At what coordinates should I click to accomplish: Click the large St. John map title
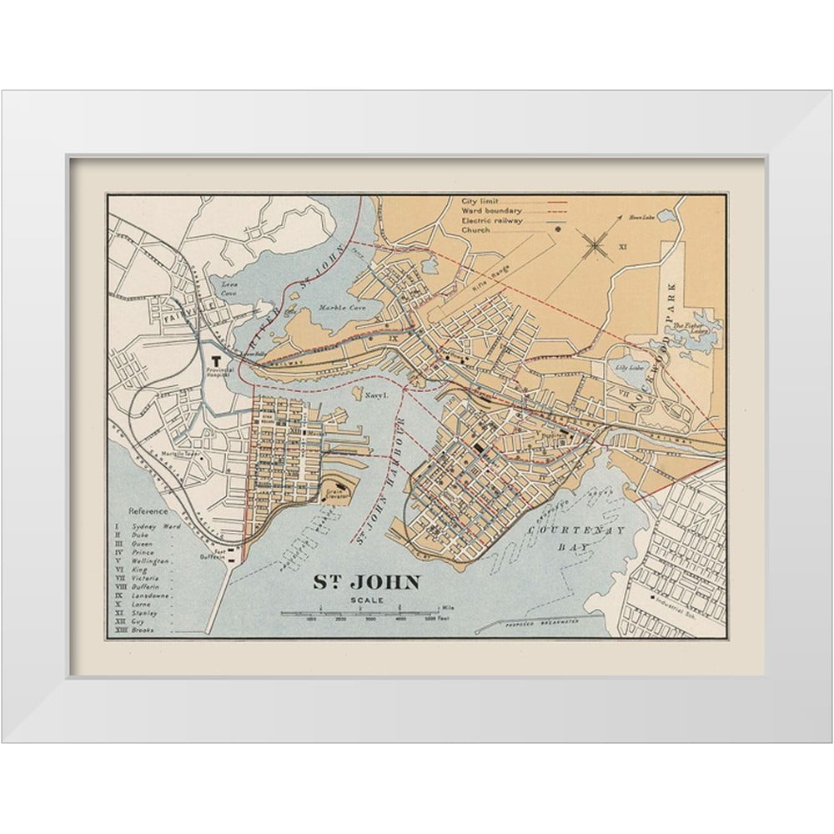click(366, 582)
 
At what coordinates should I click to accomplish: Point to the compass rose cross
click(595, 244)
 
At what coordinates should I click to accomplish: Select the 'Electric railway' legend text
click(492, 219)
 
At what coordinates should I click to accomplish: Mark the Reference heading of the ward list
click(148, 511)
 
